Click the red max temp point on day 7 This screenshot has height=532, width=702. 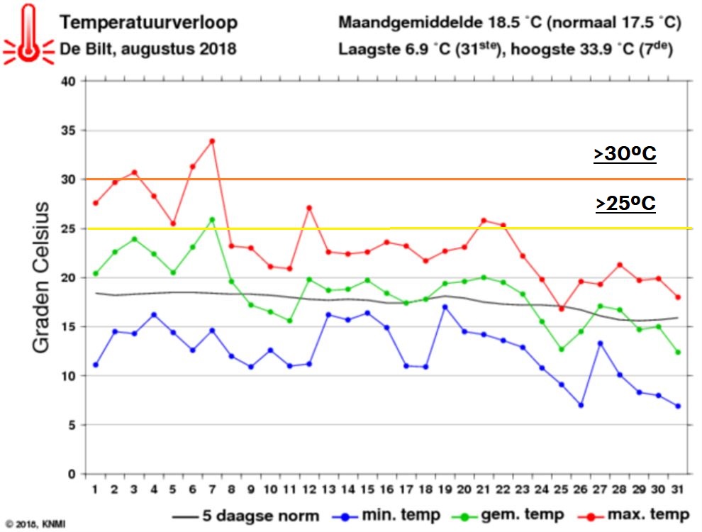pyautogui.click(x=211, y=141)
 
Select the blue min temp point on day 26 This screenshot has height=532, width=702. pyautogui.click(x=581, y=405)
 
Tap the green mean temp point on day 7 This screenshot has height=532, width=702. pyautogui.click(x=211, y=219)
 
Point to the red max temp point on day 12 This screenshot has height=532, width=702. pyautogui.click(x=309, y=208)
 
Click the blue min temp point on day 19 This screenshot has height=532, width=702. pyautogui.click(x=444, y=307)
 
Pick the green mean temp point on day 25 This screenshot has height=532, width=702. pyautogui.click(x=562, y=349)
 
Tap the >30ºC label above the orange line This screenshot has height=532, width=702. pyautogui.click(x=625, y=155)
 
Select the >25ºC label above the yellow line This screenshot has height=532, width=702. pyautogui.click(x=625, y=204)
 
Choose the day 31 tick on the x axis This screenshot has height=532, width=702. pyautogui.click(x=679, y=489)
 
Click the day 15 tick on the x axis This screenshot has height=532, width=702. pyautogui.click(x=367, y=489)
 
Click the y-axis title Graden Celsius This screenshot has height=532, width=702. pyautogui.click(x=41, y=277)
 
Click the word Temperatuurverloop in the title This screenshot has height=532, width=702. pyautogui.click(x=148, y=23)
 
